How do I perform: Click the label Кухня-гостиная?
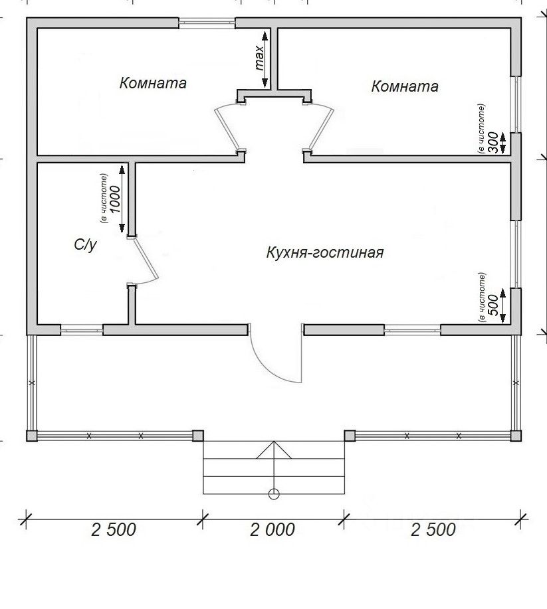pos(325,252)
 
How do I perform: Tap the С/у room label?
pos(86,244)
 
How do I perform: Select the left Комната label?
pos(153,83)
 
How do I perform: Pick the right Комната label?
pos(405,86)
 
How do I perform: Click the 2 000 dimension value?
pos(272,529)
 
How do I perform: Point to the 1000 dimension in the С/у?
pos(116,200)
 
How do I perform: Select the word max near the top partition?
pos(259,58)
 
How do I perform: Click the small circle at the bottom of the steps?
pos(274,494)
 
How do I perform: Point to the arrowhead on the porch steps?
pos(274,450)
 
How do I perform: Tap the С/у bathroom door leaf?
pos(146,258)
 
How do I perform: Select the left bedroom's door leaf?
pos(227,129)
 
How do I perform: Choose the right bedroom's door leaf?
pos(321,129)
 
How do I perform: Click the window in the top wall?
pos(207,23)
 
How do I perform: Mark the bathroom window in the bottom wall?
pos(82,330)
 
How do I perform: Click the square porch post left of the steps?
pos(198,436)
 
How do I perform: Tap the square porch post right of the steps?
pos(350,436)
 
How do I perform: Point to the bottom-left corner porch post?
pos(32,436)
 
